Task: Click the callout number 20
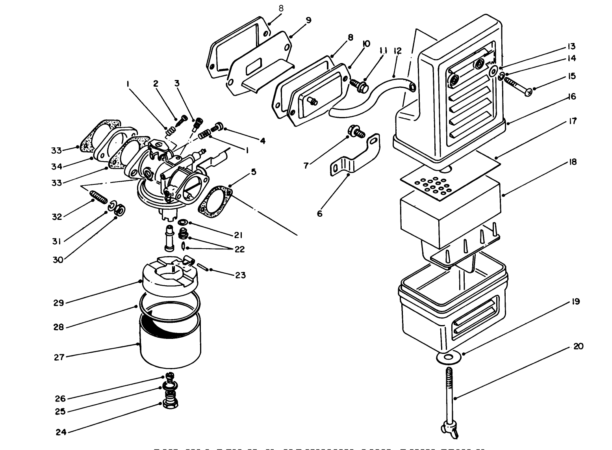click(578, 346)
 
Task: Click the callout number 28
click(59, 327)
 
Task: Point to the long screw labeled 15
click(516, 87)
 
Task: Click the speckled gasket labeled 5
click(215, 202)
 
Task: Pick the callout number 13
click(571, 47)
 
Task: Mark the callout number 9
click(308, 20)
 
